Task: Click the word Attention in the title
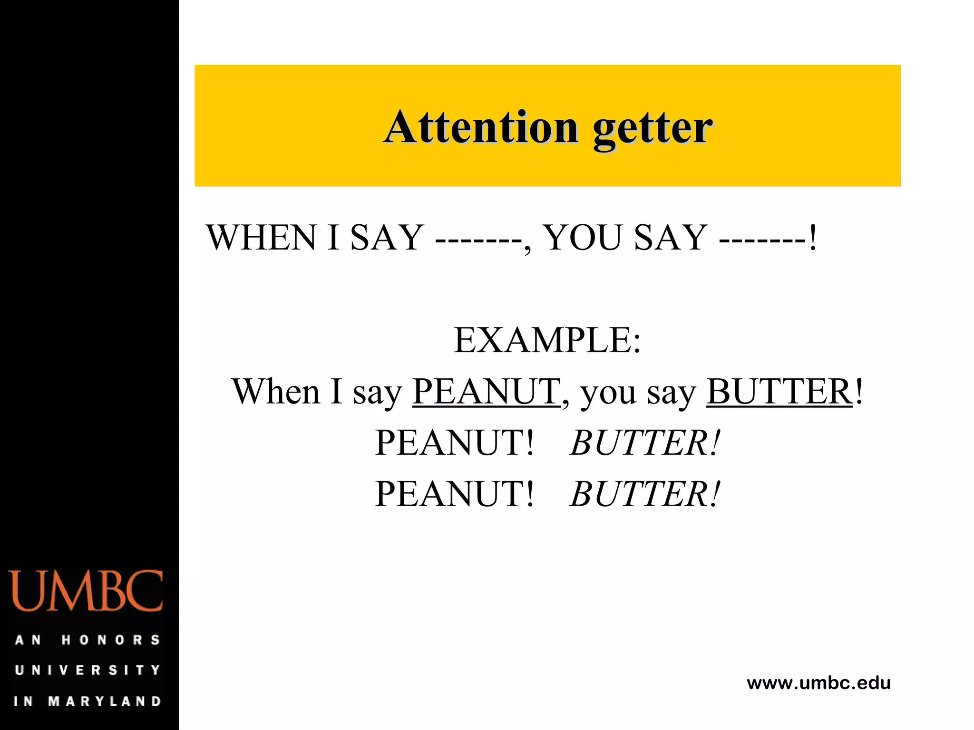(x=481, y=127)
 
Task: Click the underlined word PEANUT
(x=486, y=392)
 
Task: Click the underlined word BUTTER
(x=779, y=392)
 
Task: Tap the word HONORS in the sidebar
(x=111, y=640)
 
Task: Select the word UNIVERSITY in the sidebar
(x=88, y=670)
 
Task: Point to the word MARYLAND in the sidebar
(x=105, y=701)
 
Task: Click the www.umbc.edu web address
(x=818, y=683)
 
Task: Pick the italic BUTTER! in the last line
(x=645, y=494)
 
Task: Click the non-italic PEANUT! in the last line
(x=454, y=494)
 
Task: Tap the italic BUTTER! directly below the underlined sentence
(x=645, y=443)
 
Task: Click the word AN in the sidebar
(x=28, y=640)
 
